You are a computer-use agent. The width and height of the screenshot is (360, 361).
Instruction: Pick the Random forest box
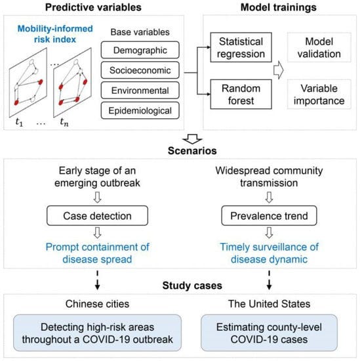(x=240, y=92)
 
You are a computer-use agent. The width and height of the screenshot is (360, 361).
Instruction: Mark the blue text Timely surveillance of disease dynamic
(x=265, y=253)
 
